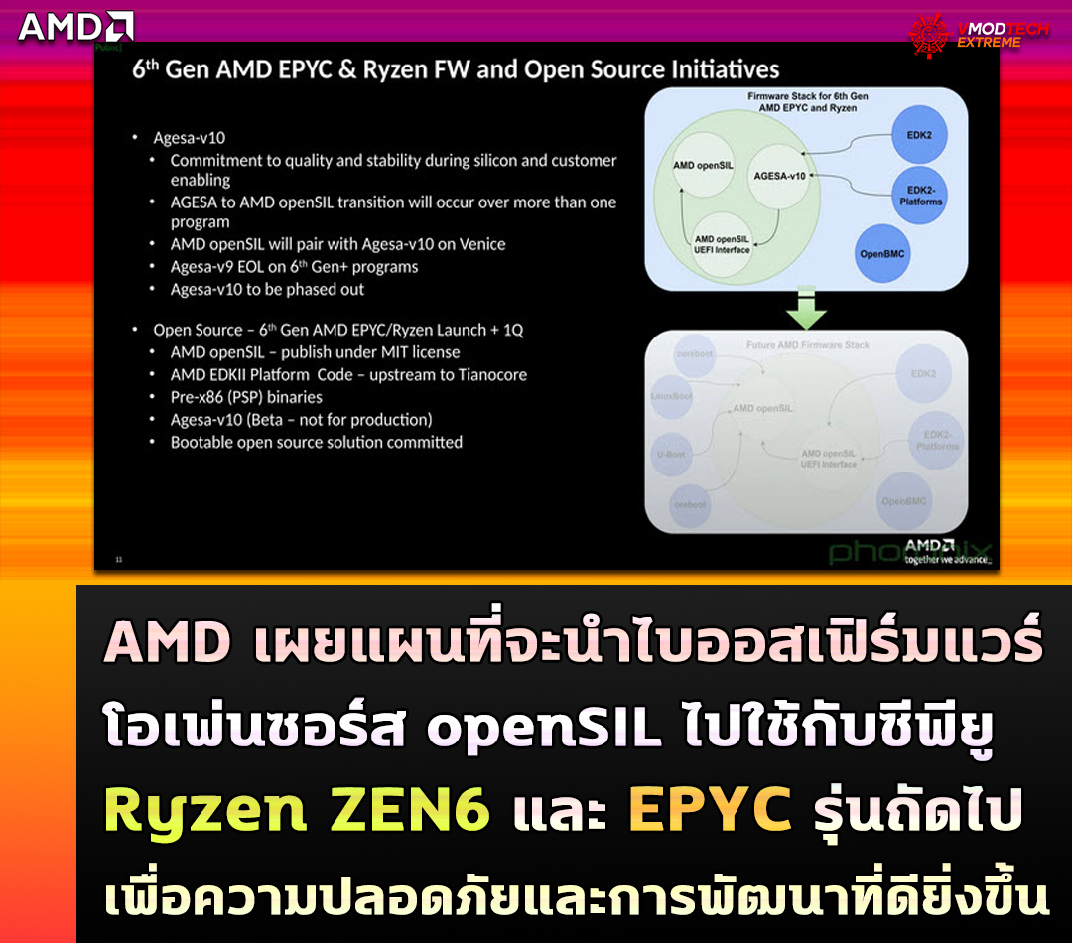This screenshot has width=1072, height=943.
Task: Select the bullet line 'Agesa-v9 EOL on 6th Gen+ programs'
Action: coord(294,266)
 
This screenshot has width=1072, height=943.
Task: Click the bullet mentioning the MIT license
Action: coord(315,352)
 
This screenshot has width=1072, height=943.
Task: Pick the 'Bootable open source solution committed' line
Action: coord(316,442)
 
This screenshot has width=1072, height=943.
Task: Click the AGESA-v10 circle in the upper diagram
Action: coord(779,176)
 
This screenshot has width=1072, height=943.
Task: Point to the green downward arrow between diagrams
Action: coord(805,310)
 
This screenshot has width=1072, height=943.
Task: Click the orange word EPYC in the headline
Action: coord(710,811)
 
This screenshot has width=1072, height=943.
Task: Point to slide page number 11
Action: coord(119,560)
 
